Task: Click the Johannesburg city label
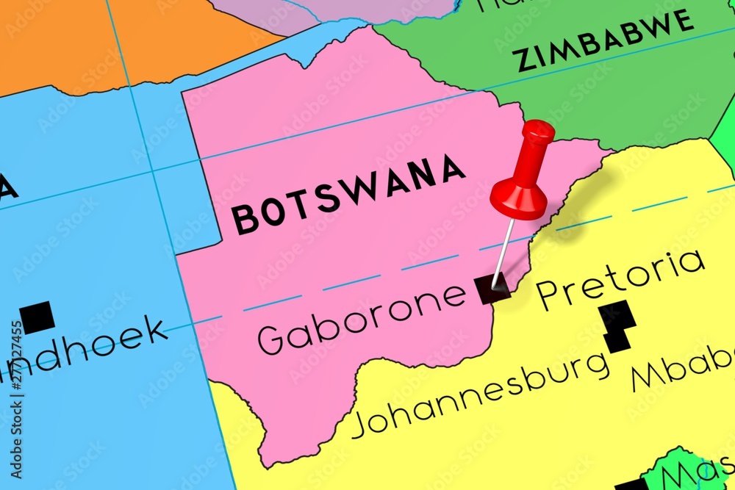(481, 396)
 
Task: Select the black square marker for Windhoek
(37, 317)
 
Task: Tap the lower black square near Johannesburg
(616, 340)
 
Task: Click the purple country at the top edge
(331, 11)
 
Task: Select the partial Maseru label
(698, 470)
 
